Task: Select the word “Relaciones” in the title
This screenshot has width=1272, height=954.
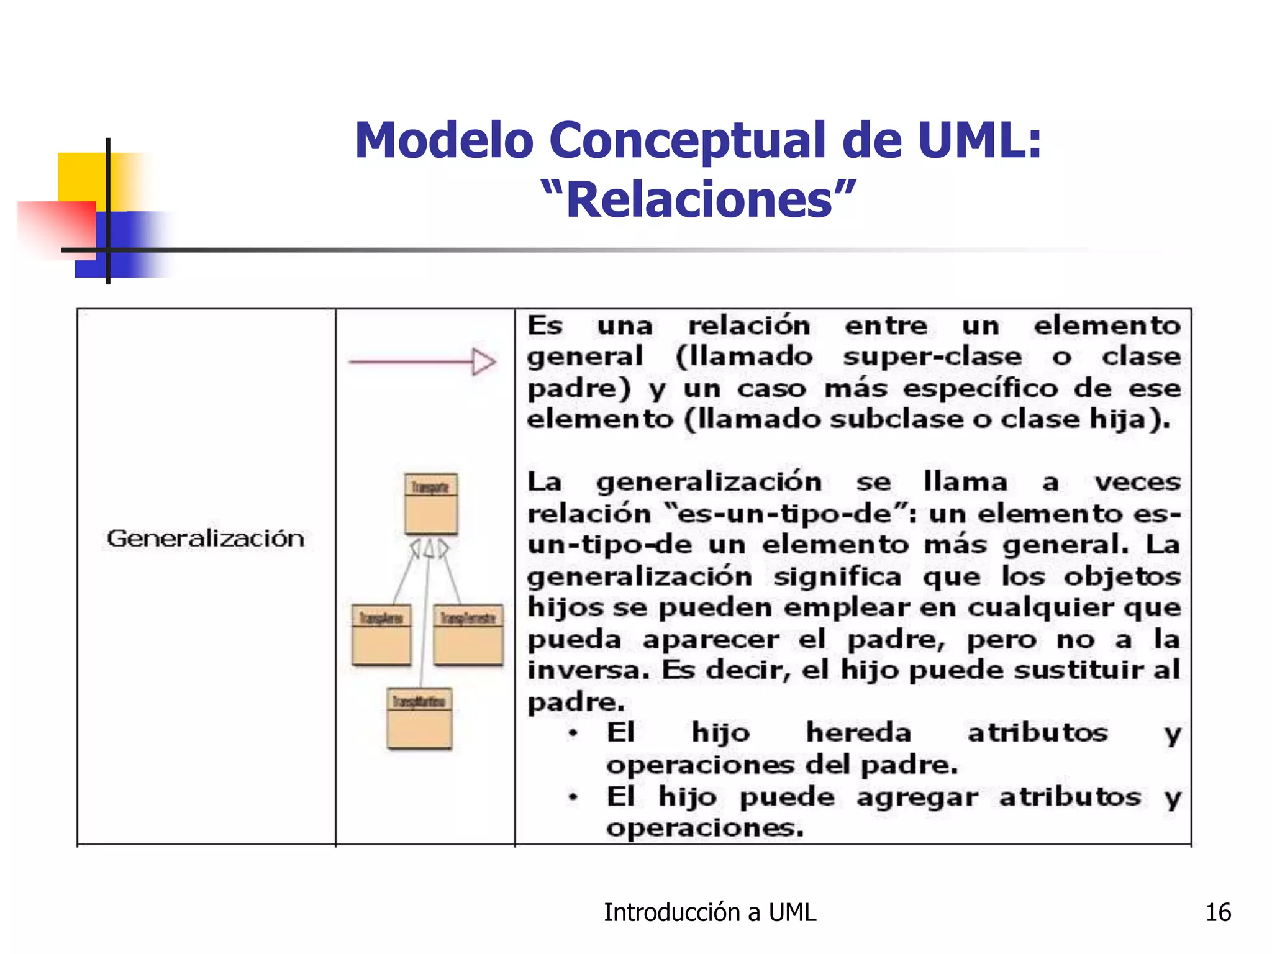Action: pos(699,199)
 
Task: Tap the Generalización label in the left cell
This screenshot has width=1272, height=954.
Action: pos(206,538)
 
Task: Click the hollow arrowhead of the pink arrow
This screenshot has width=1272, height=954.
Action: pos(484,361)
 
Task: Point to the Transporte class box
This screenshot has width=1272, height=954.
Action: pos(431,504)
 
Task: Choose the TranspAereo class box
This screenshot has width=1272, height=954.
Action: pos(381,635)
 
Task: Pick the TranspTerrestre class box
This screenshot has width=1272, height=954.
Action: pos(468,635)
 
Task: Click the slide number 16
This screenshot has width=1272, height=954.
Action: pos(1218,912)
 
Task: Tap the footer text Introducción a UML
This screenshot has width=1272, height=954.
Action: pos(710,912)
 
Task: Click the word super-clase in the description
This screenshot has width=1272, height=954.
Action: pos(932,357)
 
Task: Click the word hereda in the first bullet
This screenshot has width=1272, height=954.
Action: pos(858,734)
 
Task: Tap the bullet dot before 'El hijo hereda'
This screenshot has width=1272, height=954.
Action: pos(573,734)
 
